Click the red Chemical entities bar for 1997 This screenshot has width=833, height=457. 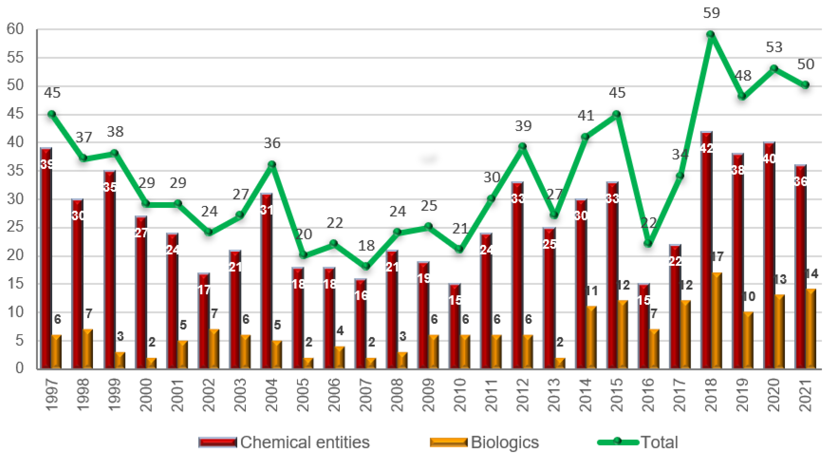46,259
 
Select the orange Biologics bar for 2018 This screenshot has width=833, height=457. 716,321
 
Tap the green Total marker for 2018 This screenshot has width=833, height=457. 710,34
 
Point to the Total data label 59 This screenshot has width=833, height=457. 711,13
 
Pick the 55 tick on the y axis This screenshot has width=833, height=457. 15,58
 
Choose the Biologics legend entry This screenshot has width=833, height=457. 485,442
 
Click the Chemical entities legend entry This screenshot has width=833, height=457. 285,442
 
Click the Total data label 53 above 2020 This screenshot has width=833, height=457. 774,47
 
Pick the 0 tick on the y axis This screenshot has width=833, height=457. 19,368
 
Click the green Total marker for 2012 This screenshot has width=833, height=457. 522,147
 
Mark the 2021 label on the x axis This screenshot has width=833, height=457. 805,395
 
